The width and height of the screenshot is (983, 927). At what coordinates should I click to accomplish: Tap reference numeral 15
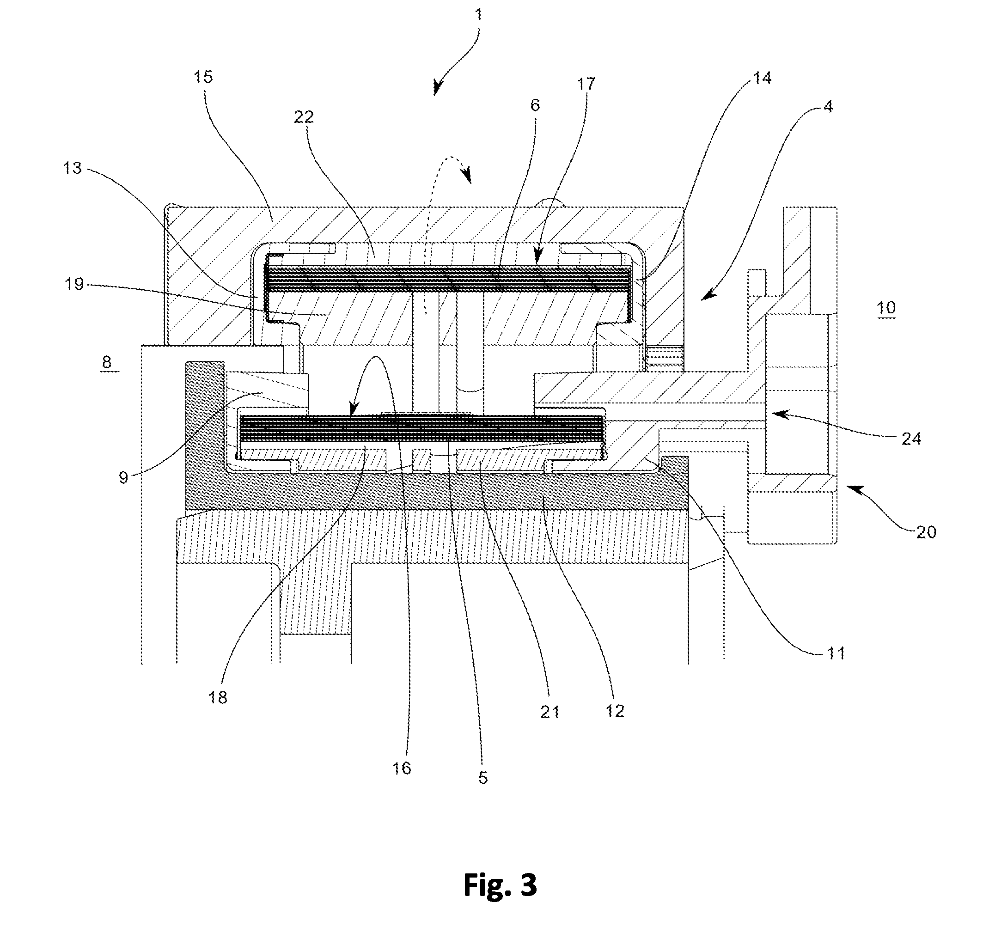pos(203,77)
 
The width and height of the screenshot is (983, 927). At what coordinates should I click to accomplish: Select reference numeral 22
pos(304,117)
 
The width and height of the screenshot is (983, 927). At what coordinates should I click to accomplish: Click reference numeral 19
pos(74,284)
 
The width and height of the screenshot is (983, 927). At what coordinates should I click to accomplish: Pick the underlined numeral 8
pos(107,362)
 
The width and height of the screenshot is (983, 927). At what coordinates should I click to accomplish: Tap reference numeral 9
pos(123,477)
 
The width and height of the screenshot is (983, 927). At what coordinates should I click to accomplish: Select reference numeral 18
pos(218,698)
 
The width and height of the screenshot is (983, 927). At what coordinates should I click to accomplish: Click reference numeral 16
pos(402,768)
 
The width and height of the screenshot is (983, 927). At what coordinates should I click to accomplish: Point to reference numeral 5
pos(483,778)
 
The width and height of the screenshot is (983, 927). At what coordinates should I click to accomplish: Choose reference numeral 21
pos(550,712)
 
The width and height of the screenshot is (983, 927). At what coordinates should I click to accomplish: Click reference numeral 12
pos(615,711)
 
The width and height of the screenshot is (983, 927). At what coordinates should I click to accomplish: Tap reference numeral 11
pos(836,653)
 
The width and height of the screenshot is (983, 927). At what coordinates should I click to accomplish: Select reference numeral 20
pos(926,532)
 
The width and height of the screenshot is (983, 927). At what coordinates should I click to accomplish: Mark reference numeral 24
pos(911,439)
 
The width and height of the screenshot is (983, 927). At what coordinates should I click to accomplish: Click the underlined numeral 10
pos(886,308)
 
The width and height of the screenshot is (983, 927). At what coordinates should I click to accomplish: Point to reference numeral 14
pos(762,78)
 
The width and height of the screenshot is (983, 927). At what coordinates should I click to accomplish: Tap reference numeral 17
pos(586,84)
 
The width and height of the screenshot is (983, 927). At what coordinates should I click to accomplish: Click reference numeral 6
pos(535,105)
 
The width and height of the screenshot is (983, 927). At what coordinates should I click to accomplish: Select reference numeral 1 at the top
pos(478,14)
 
